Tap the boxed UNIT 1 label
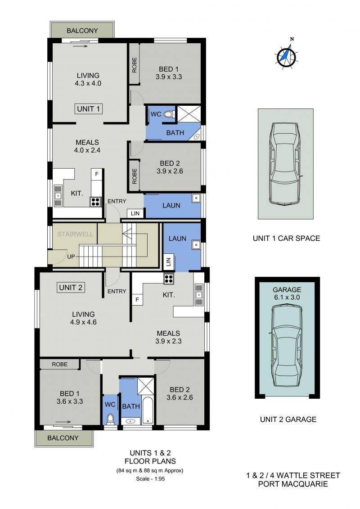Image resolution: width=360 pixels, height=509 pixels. pos(88,109)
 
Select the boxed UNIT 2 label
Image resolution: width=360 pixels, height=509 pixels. pos(71,287)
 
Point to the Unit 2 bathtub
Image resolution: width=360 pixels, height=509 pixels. pos(148,410)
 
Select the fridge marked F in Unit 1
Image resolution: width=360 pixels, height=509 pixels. pos(96,174)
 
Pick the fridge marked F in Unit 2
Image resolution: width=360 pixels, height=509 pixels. pos(137,300)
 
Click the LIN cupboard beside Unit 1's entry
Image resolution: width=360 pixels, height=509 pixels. pos(135,213)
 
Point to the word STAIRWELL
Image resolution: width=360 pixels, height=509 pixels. pos(75,234)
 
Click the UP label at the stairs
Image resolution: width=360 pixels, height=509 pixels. pos(71,257)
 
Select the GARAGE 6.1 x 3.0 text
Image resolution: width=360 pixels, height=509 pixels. pos(287,293)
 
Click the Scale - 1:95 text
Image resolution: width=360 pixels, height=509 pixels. pos(150,478)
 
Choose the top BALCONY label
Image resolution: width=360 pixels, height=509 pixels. pos(82,31)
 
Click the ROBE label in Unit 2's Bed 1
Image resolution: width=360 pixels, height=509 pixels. pos(60,364)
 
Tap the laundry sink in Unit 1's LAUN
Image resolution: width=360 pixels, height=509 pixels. pos(196,198)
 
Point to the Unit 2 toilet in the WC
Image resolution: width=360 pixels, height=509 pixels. pos(110,419)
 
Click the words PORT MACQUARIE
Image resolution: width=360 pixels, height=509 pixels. pos(293,484)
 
